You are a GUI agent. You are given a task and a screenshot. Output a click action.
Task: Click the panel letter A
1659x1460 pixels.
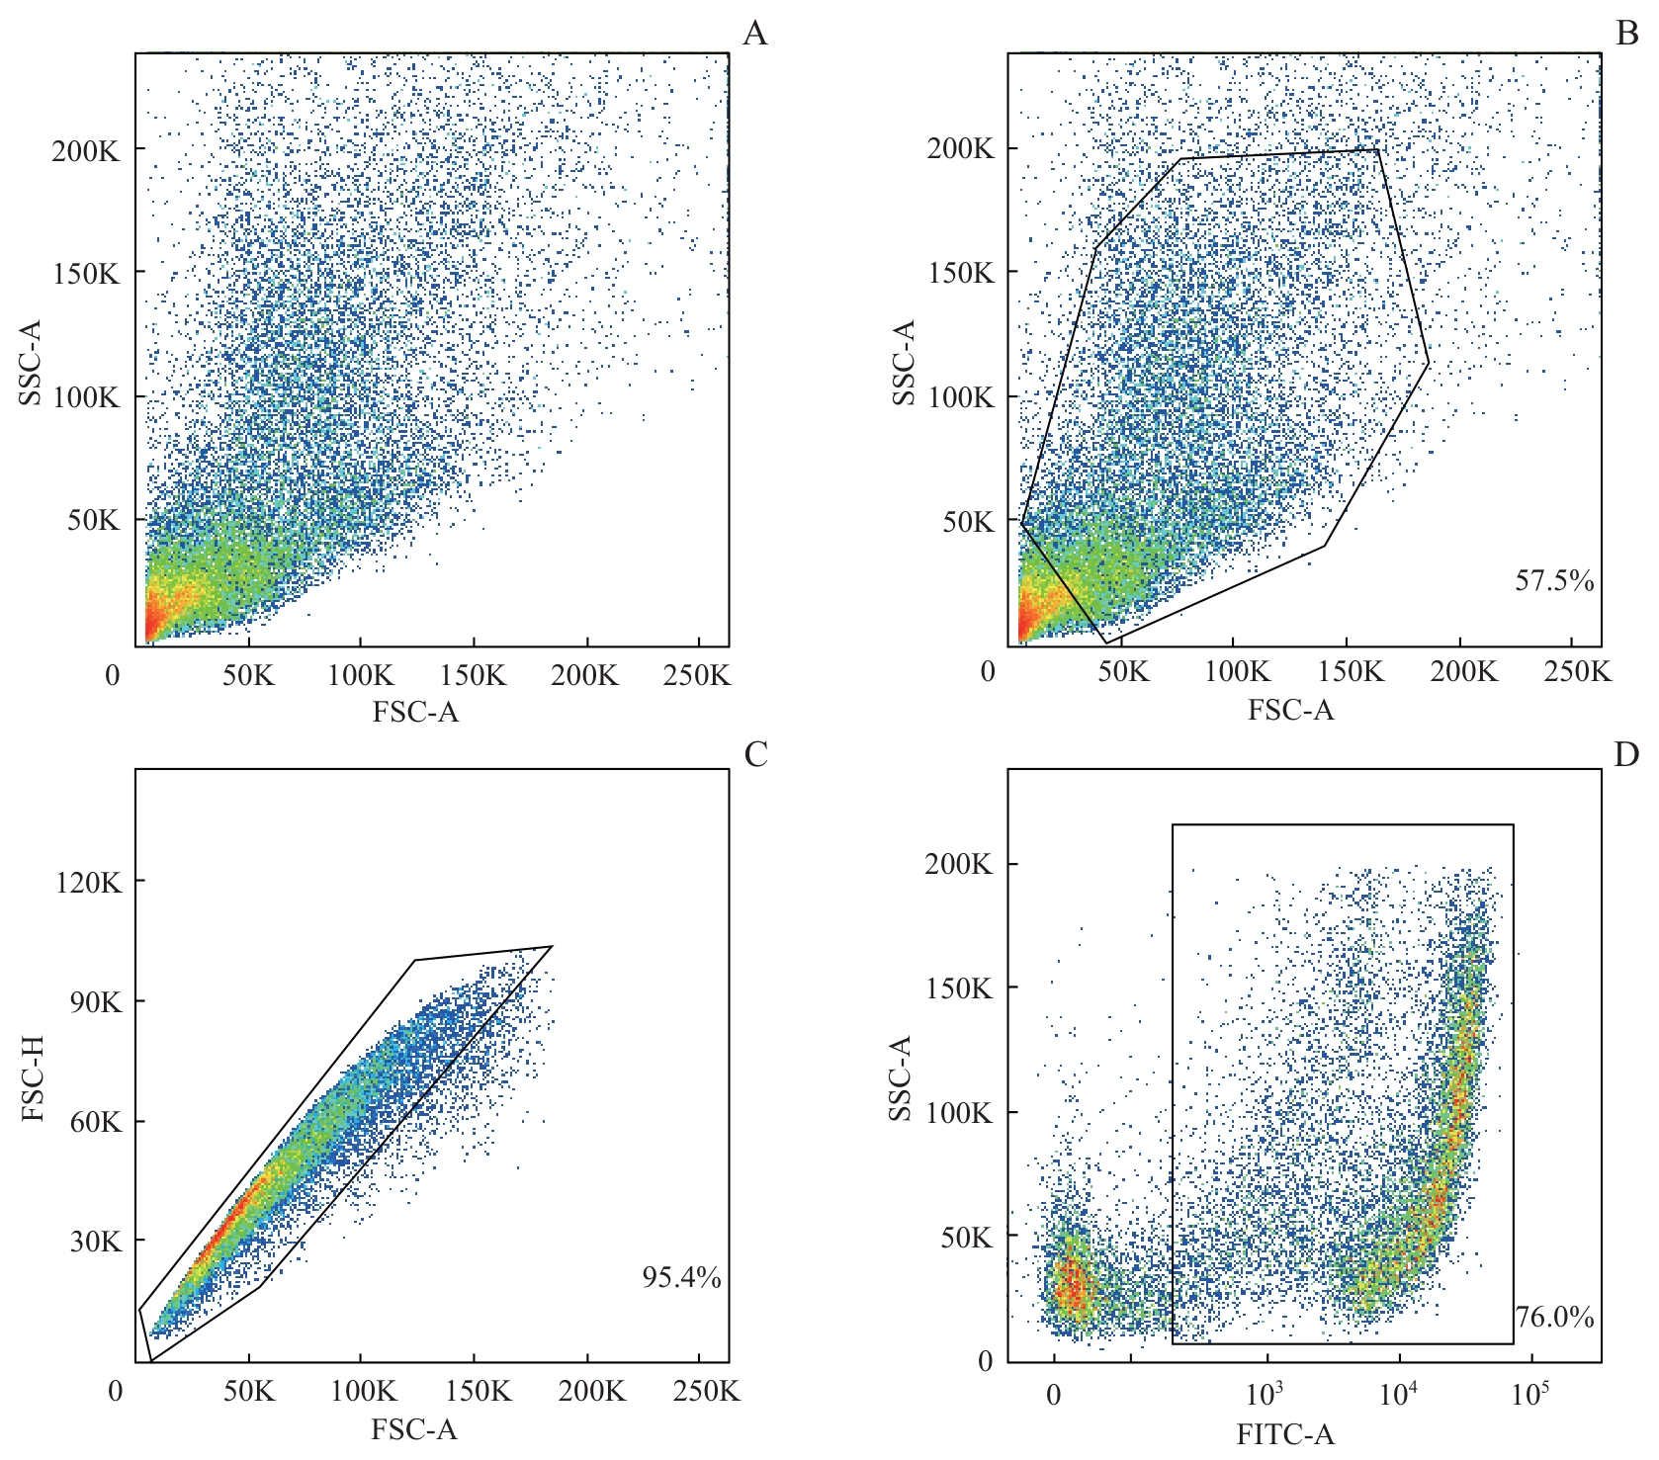(x=754, y=34)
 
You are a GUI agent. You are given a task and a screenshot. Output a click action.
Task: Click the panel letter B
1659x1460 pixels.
(x=1626, y=34)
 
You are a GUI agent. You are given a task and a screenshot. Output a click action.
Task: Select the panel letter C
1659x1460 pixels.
(x=755, y=754)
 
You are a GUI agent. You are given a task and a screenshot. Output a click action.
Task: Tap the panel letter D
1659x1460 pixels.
(x=1626, y=754)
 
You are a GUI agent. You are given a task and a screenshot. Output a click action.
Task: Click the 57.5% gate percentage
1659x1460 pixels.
(x=1554, y=580)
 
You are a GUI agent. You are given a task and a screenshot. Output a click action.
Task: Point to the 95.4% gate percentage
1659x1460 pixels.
(x=681, y=1277)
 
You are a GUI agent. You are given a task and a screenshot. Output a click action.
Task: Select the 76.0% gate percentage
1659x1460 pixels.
(x=1555, y=1317)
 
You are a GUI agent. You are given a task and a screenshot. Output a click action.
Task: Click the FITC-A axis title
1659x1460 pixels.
(x=1285, y=1434)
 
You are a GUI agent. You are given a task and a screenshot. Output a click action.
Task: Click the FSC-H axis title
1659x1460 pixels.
(x=33, y=1078)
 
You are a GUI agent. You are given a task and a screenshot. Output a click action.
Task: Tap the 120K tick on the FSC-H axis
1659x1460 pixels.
(x=89, y=882)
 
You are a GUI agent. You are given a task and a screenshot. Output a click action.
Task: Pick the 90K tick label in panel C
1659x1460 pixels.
(x=96, y=1001)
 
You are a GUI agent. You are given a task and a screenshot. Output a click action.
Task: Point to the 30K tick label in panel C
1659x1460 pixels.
(x=96, y=1242)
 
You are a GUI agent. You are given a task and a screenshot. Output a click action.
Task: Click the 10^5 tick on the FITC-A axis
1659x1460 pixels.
(x=1529, y=1394)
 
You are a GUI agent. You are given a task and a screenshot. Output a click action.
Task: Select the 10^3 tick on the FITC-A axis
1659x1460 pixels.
(x=1265, y=1394)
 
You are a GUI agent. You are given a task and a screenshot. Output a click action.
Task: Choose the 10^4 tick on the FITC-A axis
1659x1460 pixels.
(x=1398, y=1394)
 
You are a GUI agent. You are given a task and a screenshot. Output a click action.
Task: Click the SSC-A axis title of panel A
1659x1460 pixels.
(x=31, y=362)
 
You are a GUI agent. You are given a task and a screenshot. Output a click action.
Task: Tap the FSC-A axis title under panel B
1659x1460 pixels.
(x=1290, y=710)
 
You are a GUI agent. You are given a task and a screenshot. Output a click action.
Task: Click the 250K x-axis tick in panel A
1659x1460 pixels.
(x=697, y=675)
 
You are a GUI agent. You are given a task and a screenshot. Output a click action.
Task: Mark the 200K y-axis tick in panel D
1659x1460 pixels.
(x=958, y=864)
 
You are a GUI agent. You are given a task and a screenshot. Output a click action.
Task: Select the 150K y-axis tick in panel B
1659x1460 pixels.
(x=961, y=273)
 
